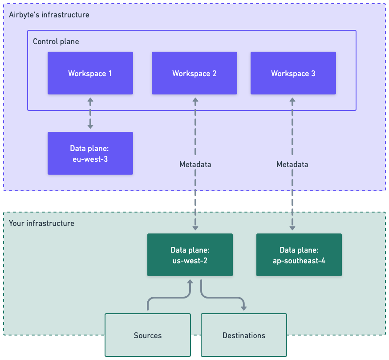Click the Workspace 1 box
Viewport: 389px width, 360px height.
pos(90,73)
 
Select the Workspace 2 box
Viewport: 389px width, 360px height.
pos(194,73)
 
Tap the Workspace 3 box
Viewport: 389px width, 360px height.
pos(293,73)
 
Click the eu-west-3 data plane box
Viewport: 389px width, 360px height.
pos(90,153)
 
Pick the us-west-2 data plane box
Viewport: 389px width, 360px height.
pos(190,255)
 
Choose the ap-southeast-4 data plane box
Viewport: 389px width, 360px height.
pos(299,255)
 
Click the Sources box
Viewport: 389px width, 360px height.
pos(147,335)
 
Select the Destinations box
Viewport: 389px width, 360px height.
pos(243,335)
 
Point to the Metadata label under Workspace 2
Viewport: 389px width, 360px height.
pos(195,164)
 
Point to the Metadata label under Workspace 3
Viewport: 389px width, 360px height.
pos(292,164)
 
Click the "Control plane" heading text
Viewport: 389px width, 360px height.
pos(56,41)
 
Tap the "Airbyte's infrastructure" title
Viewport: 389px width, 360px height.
pos(49,15)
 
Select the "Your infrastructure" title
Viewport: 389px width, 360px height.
pos(41,223)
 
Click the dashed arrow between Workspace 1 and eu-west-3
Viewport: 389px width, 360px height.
pos(90,113)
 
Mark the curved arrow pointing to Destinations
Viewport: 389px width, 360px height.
pos(223,298)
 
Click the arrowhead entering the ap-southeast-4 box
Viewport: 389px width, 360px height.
pos(292,228)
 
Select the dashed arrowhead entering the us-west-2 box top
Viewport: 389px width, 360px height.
pos(195,228)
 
